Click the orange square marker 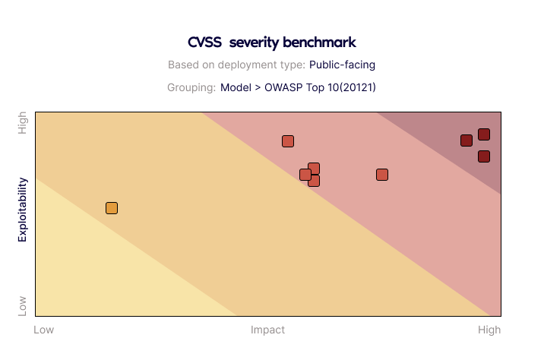[x=112, y=208]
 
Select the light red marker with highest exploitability [x=288, y=141]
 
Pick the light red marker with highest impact [x=382, y=175]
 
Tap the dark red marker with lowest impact [x=467, y=141]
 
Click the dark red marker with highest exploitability [x=484, y=134]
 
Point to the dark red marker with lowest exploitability [x=484, y=156]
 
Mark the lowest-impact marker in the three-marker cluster [x=305, y=175]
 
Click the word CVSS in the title [x=204, y=43]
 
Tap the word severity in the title [x=254, y=43]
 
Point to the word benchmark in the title [x=320, y=43]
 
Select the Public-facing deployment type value [x=342, y=65]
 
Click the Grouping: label [x=191, y=87]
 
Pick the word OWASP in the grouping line [x=283, y=87]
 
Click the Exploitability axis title [x=22, y=210]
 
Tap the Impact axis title [x=268, y=330]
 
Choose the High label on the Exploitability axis [x=22, y=123]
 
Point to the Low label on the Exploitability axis [x=22, y=306]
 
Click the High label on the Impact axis [x=489, y=330]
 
